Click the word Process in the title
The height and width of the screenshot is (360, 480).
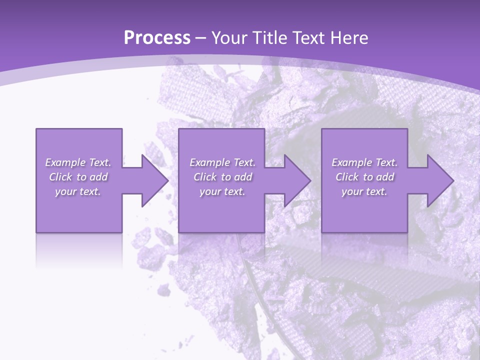pyautogui.click(x=157, y=38)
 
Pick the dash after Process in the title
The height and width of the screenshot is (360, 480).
pyautogui.click(x=201, y=38)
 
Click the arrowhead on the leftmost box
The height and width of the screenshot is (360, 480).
pyautogui.click(x=154, y=180)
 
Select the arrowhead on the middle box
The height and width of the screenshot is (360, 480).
pyautogui.click(x=297, y=180)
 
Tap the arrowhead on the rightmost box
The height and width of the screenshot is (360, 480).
pyautogui.click(x=440, y=180)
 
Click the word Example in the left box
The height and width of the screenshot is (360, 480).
pyautogui.click(x=65, y=162)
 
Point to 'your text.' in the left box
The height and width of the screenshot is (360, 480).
pyautogui.click(x=78, y=191)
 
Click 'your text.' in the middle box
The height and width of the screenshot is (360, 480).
pyautogui.click(x=222, y=191)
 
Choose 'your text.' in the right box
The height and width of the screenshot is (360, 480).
pyautogui.click(x=364, y=191)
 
